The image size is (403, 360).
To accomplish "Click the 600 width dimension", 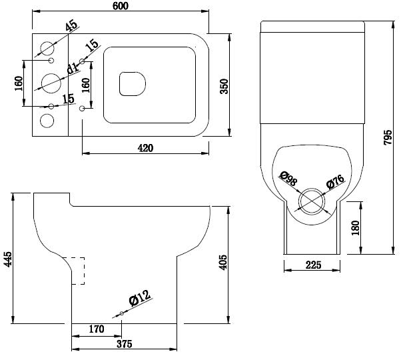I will click(121, 6).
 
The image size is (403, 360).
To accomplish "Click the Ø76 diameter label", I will click(335, 181).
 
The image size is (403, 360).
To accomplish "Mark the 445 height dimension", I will click(8, 259).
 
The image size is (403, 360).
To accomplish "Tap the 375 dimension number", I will click(124, 344).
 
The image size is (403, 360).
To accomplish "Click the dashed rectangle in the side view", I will click(78, 271).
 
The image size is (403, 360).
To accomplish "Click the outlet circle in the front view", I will click(311, 201).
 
